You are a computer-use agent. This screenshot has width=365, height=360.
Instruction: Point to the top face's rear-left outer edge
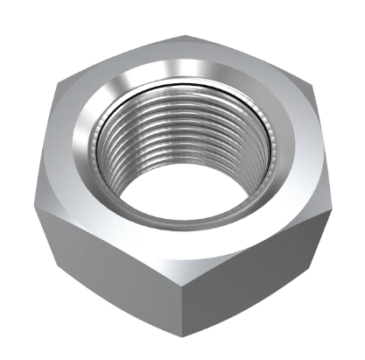coord(123,58)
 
